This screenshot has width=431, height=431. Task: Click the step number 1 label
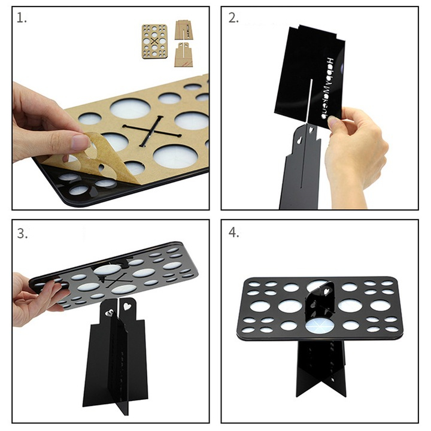point(22,19)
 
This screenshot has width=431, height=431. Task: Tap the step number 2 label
point(233,19)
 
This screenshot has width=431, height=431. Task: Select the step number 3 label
point(23,233)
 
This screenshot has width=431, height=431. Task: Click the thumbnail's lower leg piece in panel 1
point(186,55)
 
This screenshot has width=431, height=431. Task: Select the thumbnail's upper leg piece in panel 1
point(186,30)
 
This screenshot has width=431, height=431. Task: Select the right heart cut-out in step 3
point(126,306)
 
